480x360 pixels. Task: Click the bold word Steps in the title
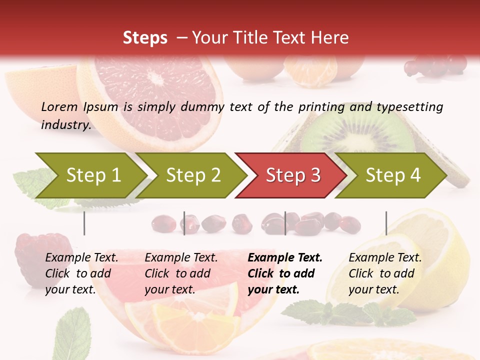(145, 38)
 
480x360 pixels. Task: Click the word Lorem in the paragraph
(59, 106)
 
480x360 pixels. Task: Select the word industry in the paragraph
(65, 124)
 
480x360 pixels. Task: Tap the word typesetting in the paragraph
(414, 106)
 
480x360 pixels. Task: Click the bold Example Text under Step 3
(285, 258)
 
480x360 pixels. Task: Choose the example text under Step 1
(81, 273)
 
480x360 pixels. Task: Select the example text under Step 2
(181, 273)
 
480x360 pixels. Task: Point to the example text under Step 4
(385, 273)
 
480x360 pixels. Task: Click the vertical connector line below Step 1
(84, 223)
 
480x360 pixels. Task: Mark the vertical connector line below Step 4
(386, 223)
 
